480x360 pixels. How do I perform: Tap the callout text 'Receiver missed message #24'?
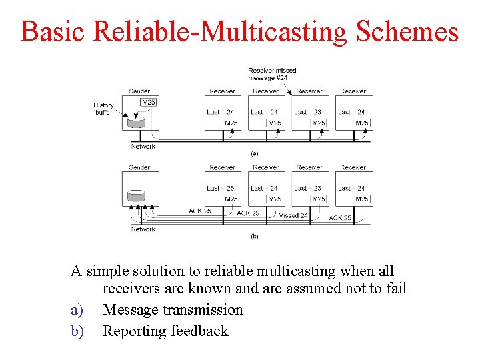click(272, 73)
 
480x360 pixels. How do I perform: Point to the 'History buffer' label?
click(103, 109)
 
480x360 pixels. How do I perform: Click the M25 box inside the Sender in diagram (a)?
click(149, 102)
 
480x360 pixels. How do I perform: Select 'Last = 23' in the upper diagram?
click(307, 112)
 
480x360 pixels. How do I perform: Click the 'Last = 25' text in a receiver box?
click(220, 188)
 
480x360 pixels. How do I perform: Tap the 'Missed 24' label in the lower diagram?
click(293, 215)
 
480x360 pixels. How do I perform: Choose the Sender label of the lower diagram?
click(139, 167)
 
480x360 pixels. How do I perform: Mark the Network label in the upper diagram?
click(143, 146)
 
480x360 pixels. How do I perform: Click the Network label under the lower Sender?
click(143, 229)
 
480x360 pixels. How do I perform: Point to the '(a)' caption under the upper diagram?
click(254, 153)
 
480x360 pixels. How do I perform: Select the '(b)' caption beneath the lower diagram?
click(254, 236)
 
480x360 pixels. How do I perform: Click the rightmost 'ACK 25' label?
click(340, 217)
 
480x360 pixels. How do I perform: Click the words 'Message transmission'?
click(173, 310)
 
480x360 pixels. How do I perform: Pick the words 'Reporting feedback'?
click(165, 331)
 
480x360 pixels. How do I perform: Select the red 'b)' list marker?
click(78, 331)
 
